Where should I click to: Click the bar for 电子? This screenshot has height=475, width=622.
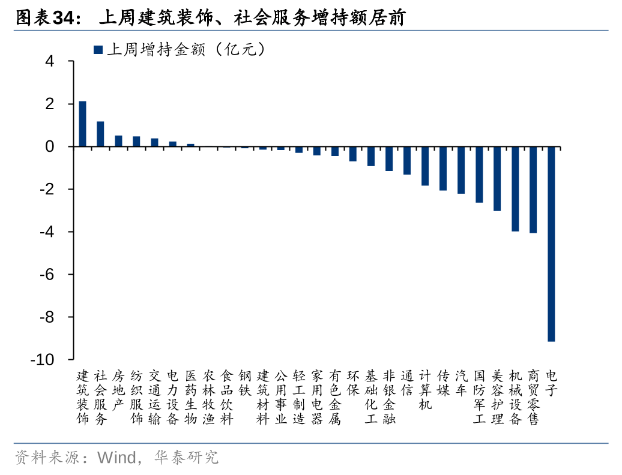pyautogui.click(x=551, y=243)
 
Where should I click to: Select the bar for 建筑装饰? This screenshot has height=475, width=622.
pyautogui.click(x=82, y=124)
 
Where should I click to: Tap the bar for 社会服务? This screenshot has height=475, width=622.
pyautogui.click(x=100, y=134)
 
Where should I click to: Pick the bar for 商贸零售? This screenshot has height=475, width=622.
pyautogui.click(x=533, y=190)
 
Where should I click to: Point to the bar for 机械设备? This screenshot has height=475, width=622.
pyautogui.click(x=515, y=189)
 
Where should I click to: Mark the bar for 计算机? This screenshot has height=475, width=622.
pyautogui.click(x=425, y=166)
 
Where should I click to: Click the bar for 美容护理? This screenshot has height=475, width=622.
pyautogui.click(x=497, y=179)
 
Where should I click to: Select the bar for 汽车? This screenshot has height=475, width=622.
pyautogui.click(x=461, y=170)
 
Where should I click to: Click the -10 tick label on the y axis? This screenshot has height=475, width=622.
pyautogui.click(x=43, y=359)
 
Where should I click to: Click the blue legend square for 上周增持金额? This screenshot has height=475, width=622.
pyautogui.click(x=98, y=50)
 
